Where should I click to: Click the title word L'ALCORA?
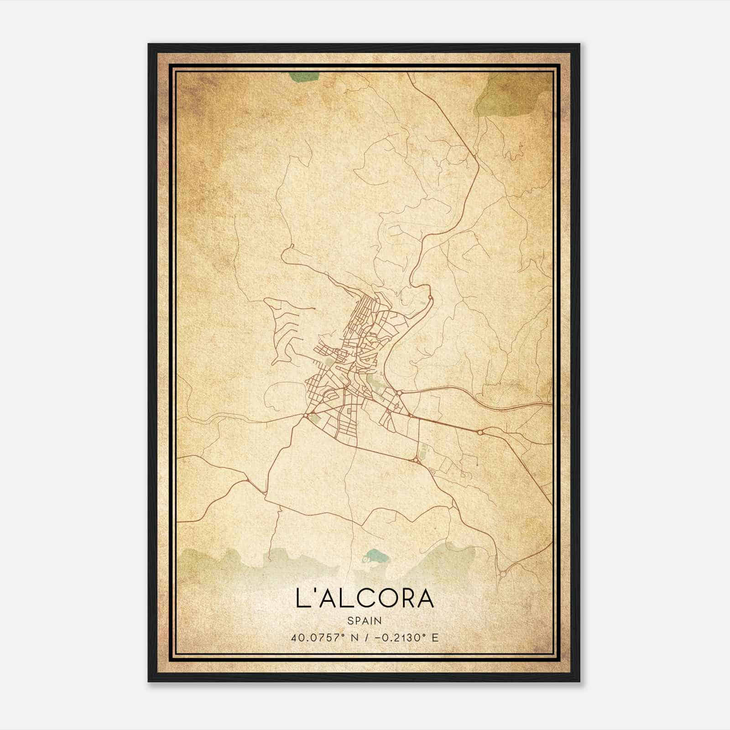(x=365, y=599)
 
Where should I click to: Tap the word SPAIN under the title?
(x=365, y=620)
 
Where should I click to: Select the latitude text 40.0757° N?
(x=320, y=637)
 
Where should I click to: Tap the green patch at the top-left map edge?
(x=302, y=77)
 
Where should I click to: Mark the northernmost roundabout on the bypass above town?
(x=430, y=298)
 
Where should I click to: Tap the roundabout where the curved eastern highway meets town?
(x=399, y=393)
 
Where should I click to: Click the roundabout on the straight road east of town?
(x=480, y=432)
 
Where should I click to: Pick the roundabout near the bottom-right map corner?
(x=502, y=574)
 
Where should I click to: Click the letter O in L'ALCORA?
(x=384, y=599)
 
